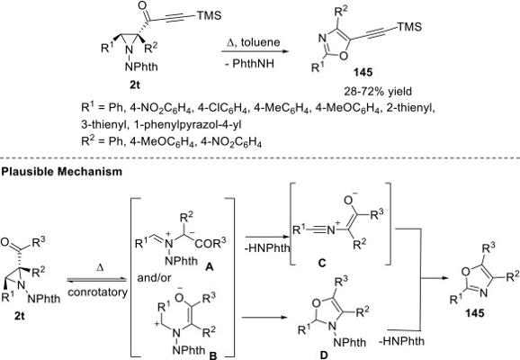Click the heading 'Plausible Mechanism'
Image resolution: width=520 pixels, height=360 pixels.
point(62,172)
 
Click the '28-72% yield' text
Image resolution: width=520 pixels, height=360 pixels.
point(378,91)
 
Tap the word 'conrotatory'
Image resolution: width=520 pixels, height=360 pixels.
point(97,292)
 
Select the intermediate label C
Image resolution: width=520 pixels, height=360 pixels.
point(322,263)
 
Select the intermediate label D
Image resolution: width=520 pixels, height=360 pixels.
point(323,355)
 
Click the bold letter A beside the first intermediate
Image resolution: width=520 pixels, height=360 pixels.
point(209,266)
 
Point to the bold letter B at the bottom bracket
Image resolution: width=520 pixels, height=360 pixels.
point(212,355)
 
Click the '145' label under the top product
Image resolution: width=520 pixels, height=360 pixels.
point(363,72)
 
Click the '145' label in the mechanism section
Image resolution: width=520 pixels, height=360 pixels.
point(474,312)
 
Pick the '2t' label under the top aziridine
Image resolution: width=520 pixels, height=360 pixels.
point(135,85)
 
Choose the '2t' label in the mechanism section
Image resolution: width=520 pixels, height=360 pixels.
point(20,315)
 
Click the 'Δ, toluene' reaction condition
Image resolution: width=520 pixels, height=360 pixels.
point(253,42)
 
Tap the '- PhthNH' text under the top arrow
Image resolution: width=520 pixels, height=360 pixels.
point(250,63)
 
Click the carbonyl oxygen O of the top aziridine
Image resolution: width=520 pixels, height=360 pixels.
point(142,5)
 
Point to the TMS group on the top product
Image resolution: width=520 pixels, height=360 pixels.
point(409,26)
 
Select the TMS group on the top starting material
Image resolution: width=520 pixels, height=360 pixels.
point(209,15)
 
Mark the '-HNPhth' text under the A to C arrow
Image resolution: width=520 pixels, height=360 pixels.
point(267,247)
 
